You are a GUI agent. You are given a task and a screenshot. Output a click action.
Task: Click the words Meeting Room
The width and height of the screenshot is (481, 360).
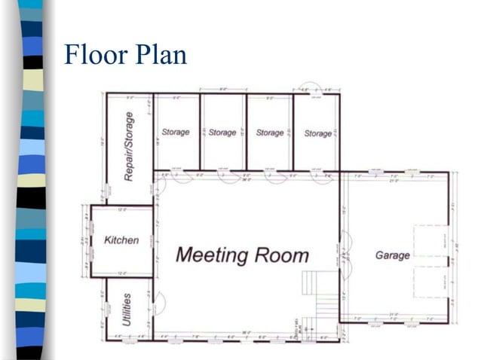click(x=242, y=255)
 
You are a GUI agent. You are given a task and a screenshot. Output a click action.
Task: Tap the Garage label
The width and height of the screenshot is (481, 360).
click(x=392, y=255)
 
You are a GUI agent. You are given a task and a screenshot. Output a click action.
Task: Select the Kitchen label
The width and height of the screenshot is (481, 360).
click(x=121, y=240)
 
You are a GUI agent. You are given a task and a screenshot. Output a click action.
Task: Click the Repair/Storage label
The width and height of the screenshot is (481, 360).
click(x=129, y=147)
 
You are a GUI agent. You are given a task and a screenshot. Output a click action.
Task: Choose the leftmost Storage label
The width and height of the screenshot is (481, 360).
click(x=175, y=133)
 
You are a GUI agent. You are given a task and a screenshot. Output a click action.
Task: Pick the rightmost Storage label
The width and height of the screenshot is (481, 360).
click(x=317, y=133)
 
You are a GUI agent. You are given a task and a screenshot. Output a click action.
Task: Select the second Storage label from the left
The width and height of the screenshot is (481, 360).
click(x=222, y=133)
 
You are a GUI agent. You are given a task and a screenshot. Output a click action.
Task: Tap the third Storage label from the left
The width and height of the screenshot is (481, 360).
click(x=269, y=133)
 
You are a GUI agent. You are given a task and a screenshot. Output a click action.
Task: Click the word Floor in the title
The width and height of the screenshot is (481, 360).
click(x=95, y=56)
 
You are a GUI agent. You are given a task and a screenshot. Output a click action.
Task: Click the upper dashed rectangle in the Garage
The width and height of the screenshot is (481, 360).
click(x=430, y=242)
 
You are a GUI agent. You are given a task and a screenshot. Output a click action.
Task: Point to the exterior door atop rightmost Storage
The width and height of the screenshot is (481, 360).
click(x=310, y=87)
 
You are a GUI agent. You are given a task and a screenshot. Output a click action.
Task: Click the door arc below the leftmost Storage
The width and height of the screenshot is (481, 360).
click(x=182, y=178)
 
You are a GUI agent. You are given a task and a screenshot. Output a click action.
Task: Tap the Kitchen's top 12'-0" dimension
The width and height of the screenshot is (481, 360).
click(x=121, y=210)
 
